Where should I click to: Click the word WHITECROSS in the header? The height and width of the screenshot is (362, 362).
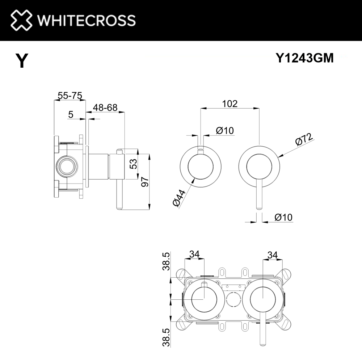(87, 20)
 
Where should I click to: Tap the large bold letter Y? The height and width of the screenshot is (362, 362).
(22, 61)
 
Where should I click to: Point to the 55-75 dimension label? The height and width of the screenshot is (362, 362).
(70, 96)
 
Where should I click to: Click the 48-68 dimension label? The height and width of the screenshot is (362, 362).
(105, 108)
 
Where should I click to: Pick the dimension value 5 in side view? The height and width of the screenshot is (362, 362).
(71, 115)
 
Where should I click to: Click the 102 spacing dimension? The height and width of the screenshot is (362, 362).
(230, 104)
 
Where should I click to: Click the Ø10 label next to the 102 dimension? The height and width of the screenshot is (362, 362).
(225, 131)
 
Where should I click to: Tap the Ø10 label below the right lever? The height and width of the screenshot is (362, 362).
(283, 217)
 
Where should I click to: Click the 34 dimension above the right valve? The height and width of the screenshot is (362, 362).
(272, 255)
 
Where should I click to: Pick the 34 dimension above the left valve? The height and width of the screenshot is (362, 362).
(194, 255)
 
